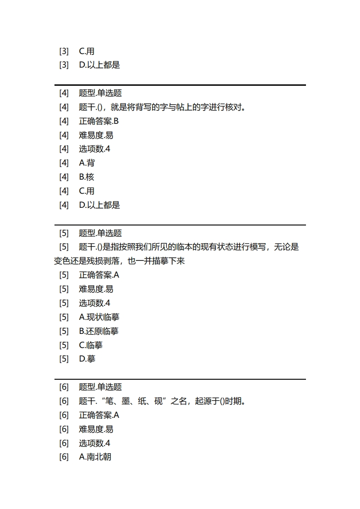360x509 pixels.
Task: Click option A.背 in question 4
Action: (87, 163)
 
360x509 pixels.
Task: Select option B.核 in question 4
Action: (87, 177)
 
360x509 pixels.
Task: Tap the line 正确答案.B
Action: (99, 121)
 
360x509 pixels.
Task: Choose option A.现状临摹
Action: (99, 317)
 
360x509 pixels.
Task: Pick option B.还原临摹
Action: (99, 331)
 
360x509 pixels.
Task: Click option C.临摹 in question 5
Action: (91, 345)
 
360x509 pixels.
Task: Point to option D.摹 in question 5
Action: (87, 359)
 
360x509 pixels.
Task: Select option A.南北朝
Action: (95, 457)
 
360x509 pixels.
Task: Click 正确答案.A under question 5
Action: (99, 275)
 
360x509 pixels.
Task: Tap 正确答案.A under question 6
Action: (99, 415)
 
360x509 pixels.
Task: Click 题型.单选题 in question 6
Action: (100, 387)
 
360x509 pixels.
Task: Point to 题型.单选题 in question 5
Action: (100, 233)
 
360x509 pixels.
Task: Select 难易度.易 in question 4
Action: (96, 135)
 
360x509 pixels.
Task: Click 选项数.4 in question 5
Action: (94, 303)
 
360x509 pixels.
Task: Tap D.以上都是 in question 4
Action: (99, 205)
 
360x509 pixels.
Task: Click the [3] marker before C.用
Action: (64, 51)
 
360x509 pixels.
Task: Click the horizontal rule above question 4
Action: (180, 85)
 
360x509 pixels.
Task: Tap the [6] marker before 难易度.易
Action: (64, 429)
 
